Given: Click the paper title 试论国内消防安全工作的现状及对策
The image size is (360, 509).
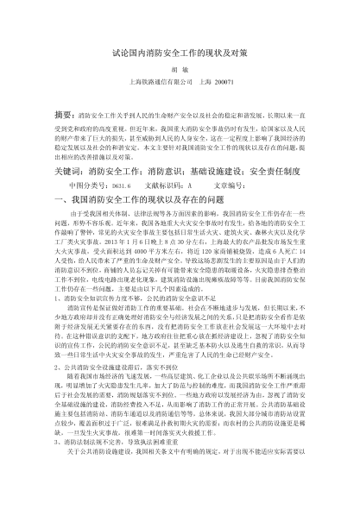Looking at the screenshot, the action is (x=180, y=53).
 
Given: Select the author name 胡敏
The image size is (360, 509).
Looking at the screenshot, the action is (x=180, y=75).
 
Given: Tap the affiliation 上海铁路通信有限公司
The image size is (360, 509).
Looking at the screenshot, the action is (x=160, y=91).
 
